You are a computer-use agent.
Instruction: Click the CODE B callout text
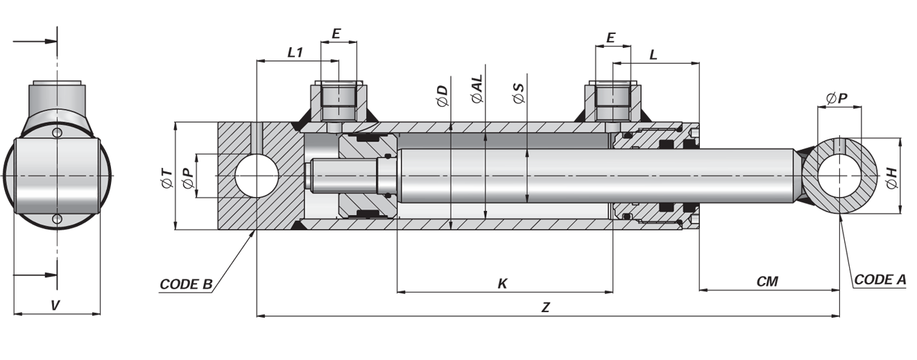186,284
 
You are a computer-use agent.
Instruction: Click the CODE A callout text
880,280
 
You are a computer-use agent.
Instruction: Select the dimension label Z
545,307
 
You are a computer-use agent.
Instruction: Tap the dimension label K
503,284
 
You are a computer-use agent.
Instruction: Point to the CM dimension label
767,282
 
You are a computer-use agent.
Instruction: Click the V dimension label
55,305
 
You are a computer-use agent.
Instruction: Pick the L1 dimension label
295,53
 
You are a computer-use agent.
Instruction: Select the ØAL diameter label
477,89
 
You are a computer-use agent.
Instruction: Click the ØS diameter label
519,93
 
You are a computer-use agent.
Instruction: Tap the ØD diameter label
443,96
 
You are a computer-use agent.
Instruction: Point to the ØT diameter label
167,178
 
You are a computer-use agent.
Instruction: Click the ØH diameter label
892,178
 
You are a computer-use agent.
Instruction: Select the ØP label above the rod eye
837,98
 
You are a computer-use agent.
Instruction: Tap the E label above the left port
336,33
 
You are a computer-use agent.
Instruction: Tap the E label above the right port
610,38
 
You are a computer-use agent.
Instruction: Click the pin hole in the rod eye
839,175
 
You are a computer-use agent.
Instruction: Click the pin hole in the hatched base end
257,176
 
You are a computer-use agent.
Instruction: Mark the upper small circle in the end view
58,133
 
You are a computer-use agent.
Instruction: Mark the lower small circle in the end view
58,219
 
